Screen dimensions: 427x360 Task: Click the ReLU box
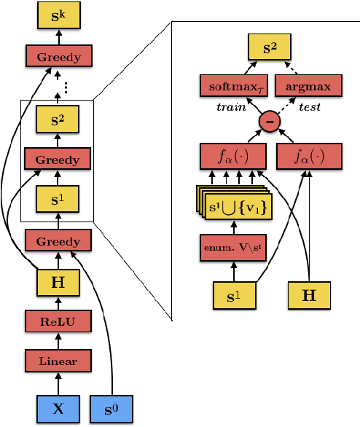[x=58, y=320]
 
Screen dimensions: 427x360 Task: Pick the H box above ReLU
[x=58, y=280]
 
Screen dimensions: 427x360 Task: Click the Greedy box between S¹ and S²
[x=58, y=158]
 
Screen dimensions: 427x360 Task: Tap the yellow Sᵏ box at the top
[x=58, y=15]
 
